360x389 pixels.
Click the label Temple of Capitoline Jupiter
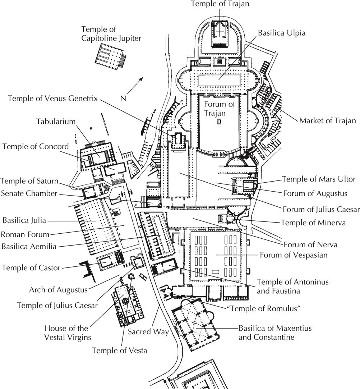pyautogui.click(x=111, y=33)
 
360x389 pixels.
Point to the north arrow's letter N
pyautogui.click(x=123, y=98)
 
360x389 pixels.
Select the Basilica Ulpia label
pyautogui.click(x=282, y=33)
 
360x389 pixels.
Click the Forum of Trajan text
pyautogui.click(x=219, y=109)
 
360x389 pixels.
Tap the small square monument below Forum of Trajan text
pyautogui.click(x=219, y=122)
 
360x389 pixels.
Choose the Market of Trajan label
pyautogui.click(x=327, y=120)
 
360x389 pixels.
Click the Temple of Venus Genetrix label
pyautogui.click(x=53, y=99)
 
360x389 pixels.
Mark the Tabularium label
pyautogui.click(x=56, y=121)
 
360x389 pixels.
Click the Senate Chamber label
pyautogui.click(x=29, y=193)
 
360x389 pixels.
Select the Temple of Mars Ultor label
pyautogui.click(x=318, y=179)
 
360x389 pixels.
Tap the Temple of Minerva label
pyautogui.click(x=313, y=223)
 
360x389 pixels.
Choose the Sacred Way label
pyautogui.click(x=148, y=331)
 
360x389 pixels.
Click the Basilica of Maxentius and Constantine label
pyautogui.click(x=275, y=333)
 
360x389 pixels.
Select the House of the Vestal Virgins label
pyautogui.click(x=66, y=333)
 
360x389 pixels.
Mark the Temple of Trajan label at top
pyautogui.click(x=220, y=4)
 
